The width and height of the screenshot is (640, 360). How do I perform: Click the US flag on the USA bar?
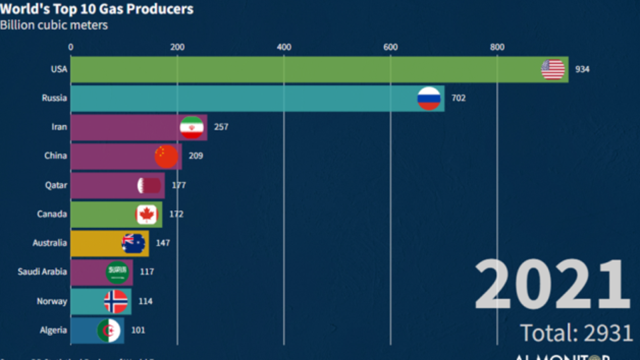tap(553, 69)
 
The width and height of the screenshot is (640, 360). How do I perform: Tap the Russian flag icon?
tap(429, 98)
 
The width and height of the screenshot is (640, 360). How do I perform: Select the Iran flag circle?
tap(191, 127)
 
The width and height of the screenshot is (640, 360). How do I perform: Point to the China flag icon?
tap(166, 156)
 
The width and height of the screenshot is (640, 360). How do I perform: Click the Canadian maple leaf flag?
tap(146, 214)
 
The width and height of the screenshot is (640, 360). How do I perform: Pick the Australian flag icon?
tap(133, 243)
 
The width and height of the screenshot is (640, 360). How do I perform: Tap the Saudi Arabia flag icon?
tap(117, 272)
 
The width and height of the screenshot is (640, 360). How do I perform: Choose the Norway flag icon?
tap(116, 301)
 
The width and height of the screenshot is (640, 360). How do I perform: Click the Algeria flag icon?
tap(109, 330)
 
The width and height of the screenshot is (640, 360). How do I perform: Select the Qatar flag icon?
tap(149, 185)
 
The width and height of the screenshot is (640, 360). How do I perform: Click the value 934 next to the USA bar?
tap(583, 69)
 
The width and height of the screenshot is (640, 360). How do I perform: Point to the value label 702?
tap(458, 98)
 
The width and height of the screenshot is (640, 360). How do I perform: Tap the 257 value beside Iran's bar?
tap(221, 127)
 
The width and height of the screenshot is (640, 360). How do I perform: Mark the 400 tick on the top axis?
tap(284, 47)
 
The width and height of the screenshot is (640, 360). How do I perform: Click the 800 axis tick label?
tap(497, 47)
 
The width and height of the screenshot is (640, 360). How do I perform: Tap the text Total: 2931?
tap(575, 332)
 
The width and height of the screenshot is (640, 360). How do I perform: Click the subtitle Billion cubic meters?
tap(54, 25)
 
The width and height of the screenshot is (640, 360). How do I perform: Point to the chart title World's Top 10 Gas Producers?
tap(97, 9)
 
